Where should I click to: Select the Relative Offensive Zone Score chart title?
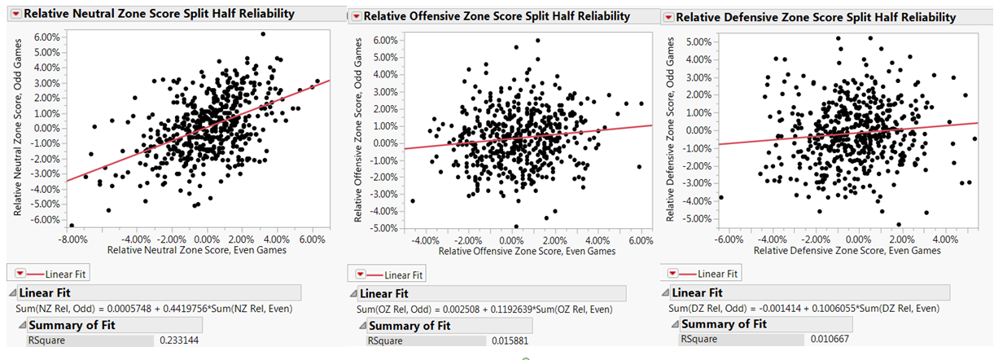click(x=497, y=16)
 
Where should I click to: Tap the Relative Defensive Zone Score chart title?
click(x=816, y=17)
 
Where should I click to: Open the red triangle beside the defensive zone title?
click(x=668, y=17)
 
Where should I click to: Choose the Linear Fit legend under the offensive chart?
click(x=396, y=275)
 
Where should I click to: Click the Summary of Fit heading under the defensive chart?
click(x=724, y=323)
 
